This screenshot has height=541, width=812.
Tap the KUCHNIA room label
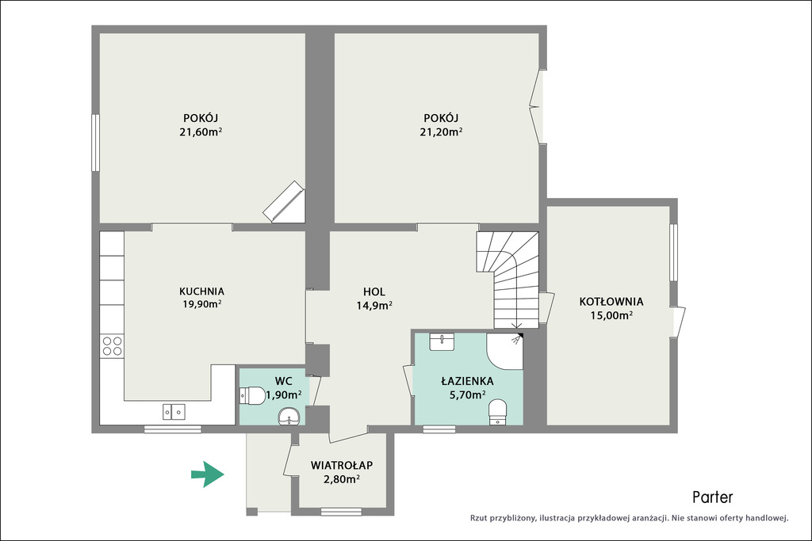pyautogui.click(x=201, y=291)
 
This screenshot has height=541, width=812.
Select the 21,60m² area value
pyautogui.click(x=201, y=132)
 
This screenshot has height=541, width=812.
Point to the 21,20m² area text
pyautogui.click(x=441, y=132)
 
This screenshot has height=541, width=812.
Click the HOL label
pyautogui.click(x=374, y=291)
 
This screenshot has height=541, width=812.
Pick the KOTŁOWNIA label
pyautogui.click(x=611, y=301)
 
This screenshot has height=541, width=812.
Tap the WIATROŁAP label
pyautogui.click(x=342, y=465)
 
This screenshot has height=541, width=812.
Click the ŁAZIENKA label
pyautogui.click(x=467, y=381)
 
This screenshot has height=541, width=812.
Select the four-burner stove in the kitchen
pyautogui.click(x=112, y=346)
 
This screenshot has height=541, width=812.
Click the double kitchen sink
pyautogui.click(x=174, y=412)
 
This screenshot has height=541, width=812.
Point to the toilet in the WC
pyautogui.click(x=252, y=396)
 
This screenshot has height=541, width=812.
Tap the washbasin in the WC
pyautogui.click(x=289, y=417)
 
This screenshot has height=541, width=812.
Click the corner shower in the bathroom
pyautogui.click(x=505, y=351)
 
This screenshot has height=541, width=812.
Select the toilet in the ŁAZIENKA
pyautogui.click(x=498, y=412)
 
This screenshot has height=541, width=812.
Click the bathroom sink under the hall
pyautogui.click(x=442, y=342)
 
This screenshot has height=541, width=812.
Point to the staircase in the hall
pyautogui.click(x=508, y=280)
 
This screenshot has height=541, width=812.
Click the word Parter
pyautogui.click(x=713, y=497)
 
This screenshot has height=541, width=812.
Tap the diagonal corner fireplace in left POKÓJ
pyautogui.click(x=284, y=202)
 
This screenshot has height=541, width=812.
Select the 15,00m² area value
pyautogui.click(x=611, y=315)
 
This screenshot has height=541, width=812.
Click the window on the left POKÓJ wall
pyautogui.click(x=95, y=143)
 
